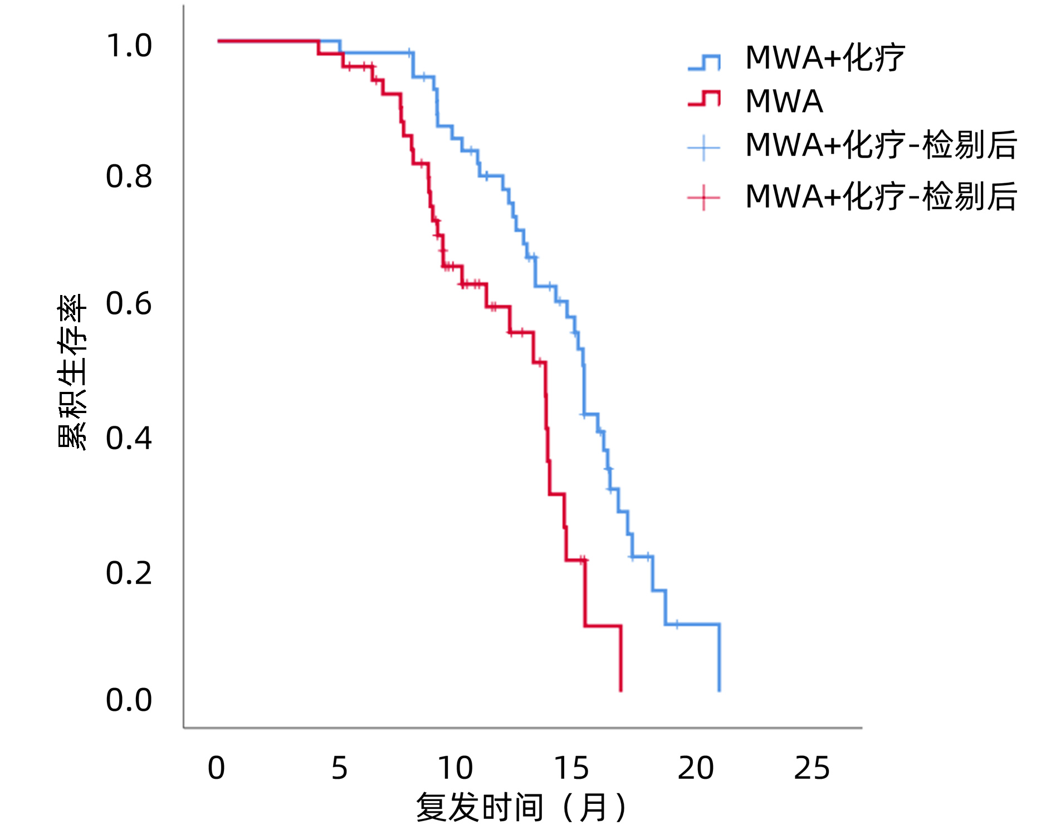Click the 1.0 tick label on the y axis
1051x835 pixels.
point(129,46)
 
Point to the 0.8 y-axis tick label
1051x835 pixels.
point(129,176)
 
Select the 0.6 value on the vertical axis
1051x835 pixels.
point(129,304)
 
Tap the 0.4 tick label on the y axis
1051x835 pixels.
point(129,438)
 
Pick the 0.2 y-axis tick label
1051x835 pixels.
point(129,573)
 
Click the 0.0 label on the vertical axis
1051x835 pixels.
point(129,700)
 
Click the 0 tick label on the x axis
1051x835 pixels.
point(216,768)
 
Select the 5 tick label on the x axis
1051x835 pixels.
point(339,768)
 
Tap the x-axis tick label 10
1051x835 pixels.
point(455,768)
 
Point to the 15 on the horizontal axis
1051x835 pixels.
point(571,768)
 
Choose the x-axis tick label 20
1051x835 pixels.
point(696,768)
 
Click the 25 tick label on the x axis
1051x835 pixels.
point(812,768)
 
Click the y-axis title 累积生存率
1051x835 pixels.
point(72,371)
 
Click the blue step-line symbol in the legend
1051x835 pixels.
point(704,62)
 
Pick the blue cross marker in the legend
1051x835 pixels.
point(704,148)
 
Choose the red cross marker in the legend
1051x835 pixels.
point(704,198)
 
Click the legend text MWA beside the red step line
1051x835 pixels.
point(784,101)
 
